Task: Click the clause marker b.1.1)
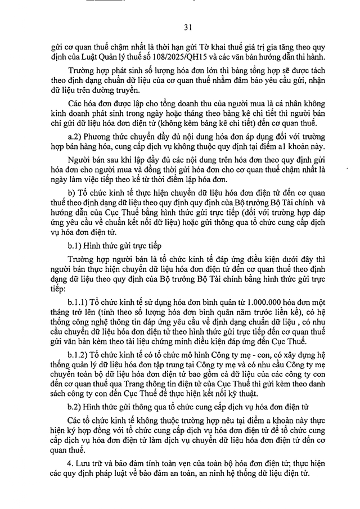click(x=79, y=303)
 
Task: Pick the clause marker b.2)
click(x=75, y=406)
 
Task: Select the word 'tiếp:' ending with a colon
click(x=58, y=288)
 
